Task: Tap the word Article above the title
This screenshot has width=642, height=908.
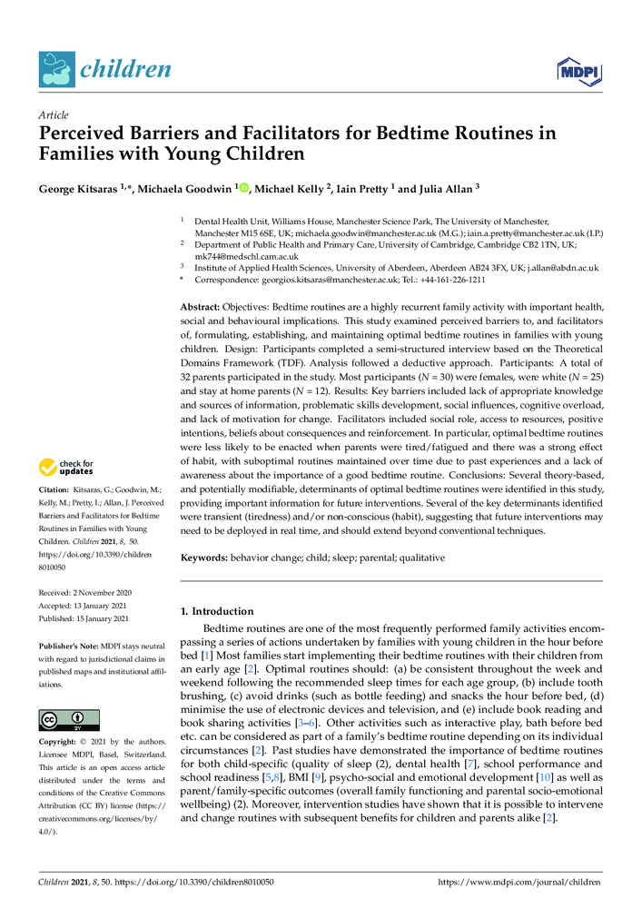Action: coord(52,116)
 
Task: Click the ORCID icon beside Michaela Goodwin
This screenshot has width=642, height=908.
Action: coord(244,187)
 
